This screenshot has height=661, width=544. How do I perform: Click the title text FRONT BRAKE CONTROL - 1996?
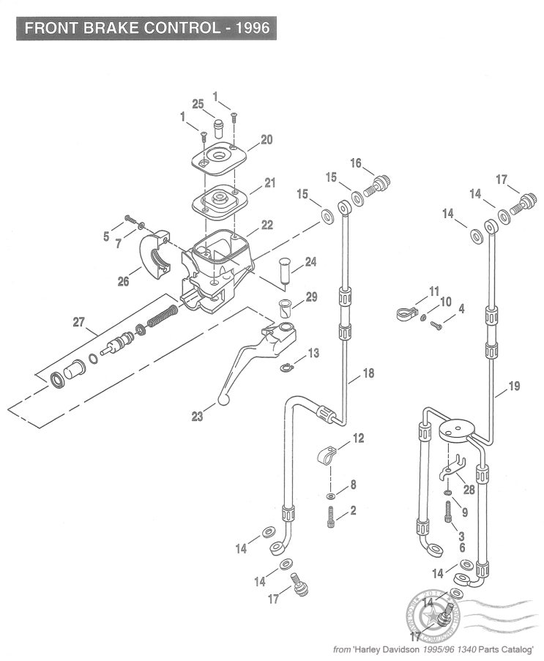[x=146, y=29]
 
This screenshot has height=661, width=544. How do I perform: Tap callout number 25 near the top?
[x=198, y=105]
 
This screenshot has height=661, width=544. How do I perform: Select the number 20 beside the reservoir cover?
[x=267, y=139]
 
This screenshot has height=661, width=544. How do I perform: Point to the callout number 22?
[x=267, y=225]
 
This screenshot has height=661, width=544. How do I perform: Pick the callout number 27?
[x=79, y=320]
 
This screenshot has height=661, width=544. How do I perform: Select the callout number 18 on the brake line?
[x=368, y=373]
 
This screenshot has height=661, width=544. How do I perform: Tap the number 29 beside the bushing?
[x=312, y=296]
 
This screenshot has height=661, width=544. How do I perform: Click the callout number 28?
[x=468, y=489]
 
